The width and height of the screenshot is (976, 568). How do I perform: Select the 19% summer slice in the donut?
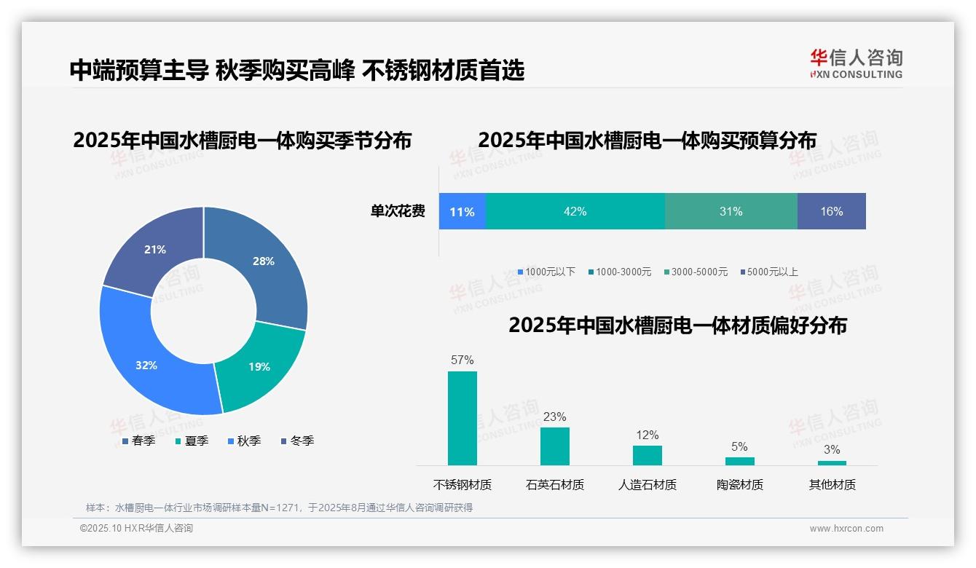click(259, 366)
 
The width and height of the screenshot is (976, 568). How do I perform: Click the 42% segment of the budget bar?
click(575, 211)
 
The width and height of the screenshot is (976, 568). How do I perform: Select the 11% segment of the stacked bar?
click(462, 211)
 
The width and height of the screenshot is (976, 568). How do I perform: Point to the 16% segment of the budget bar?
click(831, 211)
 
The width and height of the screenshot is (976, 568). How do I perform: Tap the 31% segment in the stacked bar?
click(731, 211)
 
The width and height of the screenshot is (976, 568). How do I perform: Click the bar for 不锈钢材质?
click(462, 418)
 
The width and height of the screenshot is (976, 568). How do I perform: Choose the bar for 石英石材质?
click(554, 446)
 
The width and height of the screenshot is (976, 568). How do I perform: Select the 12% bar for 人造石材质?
click(647, 455)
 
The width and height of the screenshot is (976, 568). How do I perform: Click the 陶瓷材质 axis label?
click(739, 484)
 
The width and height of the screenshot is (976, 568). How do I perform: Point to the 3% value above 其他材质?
click(832, 449)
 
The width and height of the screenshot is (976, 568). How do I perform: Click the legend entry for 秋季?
click(244, 441)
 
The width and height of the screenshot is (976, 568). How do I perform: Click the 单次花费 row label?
click(398, 211)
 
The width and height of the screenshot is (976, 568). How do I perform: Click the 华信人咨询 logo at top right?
click(856, 63)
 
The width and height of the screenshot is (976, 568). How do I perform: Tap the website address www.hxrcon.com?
click(846, 528)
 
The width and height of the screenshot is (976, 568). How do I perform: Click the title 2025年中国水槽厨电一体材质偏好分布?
click(677, 325)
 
